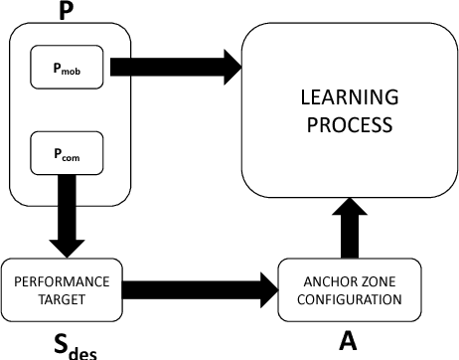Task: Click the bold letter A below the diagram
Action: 348,343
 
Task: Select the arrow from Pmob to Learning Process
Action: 174,68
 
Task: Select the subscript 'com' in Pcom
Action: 75,158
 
